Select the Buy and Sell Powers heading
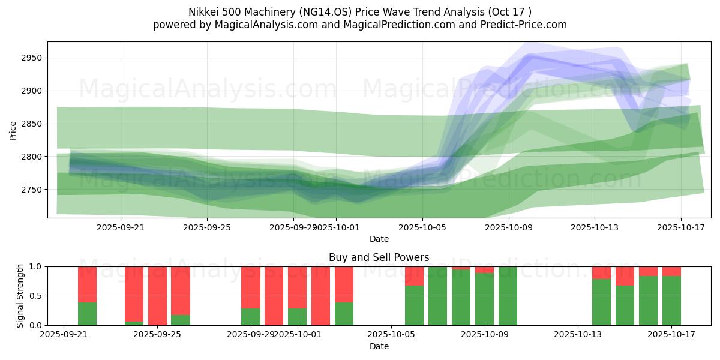tap(379, 257)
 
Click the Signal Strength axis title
tap(20, 296)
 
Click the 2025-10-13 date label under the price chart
tap(595, 227)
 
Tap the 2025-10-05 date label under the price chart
tap(422, 227)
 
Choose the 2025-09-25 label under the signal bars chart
tap(157, 335)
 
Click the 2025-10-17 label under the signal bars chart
tap(671, 335)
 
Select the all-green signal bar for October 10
tap(508, 296)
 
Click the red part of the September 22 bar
tap(87, 284)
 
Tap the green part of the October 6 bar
tap(414, 305)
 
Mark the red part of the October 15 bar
tap(625, 275)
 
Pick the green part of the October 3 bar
tap(344, 314)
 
